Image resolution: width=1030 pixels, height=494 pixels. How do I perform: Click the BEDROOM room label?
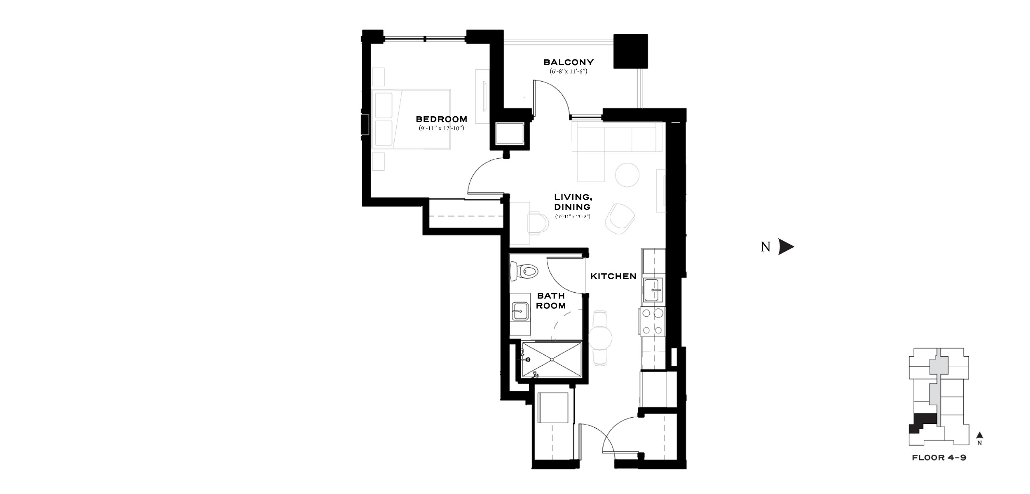point(441,119)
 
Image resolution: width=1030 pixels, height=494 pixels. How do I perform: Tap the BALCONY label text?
point(569,62)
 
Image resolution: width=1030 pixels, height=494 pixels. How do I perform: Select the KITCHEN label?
point(613,276)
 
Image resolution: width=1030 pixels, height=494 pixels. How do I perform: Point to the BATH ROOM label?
point(551,301)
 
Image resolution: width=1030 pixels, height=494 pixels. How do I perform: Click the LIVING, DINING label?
point(573,202)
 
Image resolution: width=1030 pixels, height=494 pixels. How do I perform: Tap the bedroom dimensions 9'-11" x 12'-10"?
point(441,128)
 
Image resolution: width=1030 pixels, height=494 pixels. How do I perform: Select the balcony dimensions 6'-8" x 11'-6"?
point(569,71)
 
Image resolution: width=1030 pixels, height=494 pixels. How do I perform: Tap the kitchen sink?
point(653,290)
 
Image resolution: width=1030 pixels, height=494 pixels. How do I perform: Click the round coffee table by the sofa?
point(627,175)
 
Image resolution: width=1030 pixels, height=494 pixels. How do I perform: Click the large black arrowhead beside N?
point(786,247)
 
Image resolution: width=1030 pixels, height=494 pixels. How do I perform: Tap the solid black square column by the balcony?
point(630,52)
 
